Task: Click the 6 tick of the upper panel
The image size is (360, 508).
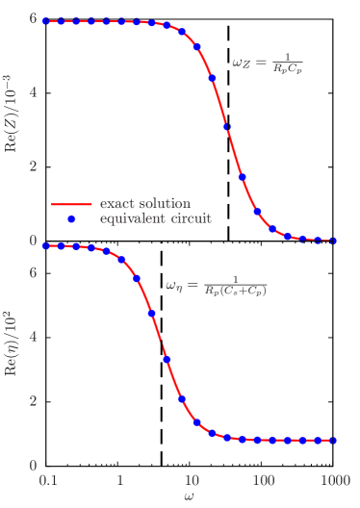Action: coord(33,19)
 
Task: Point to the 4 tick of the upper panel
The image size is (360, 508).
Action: coord(33,92)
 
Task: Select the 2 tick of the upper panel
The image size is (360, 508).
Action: coord(33,165)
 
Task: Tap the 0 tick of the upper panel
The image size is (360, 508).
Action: coord(33,240)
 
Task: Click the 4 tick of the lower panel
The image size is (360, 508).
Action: coord(33,336)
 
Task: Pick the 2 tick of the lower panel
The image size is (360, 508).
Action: coord(33,401)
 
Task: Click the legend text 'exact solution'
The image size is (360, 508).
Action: coord(144,204)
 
